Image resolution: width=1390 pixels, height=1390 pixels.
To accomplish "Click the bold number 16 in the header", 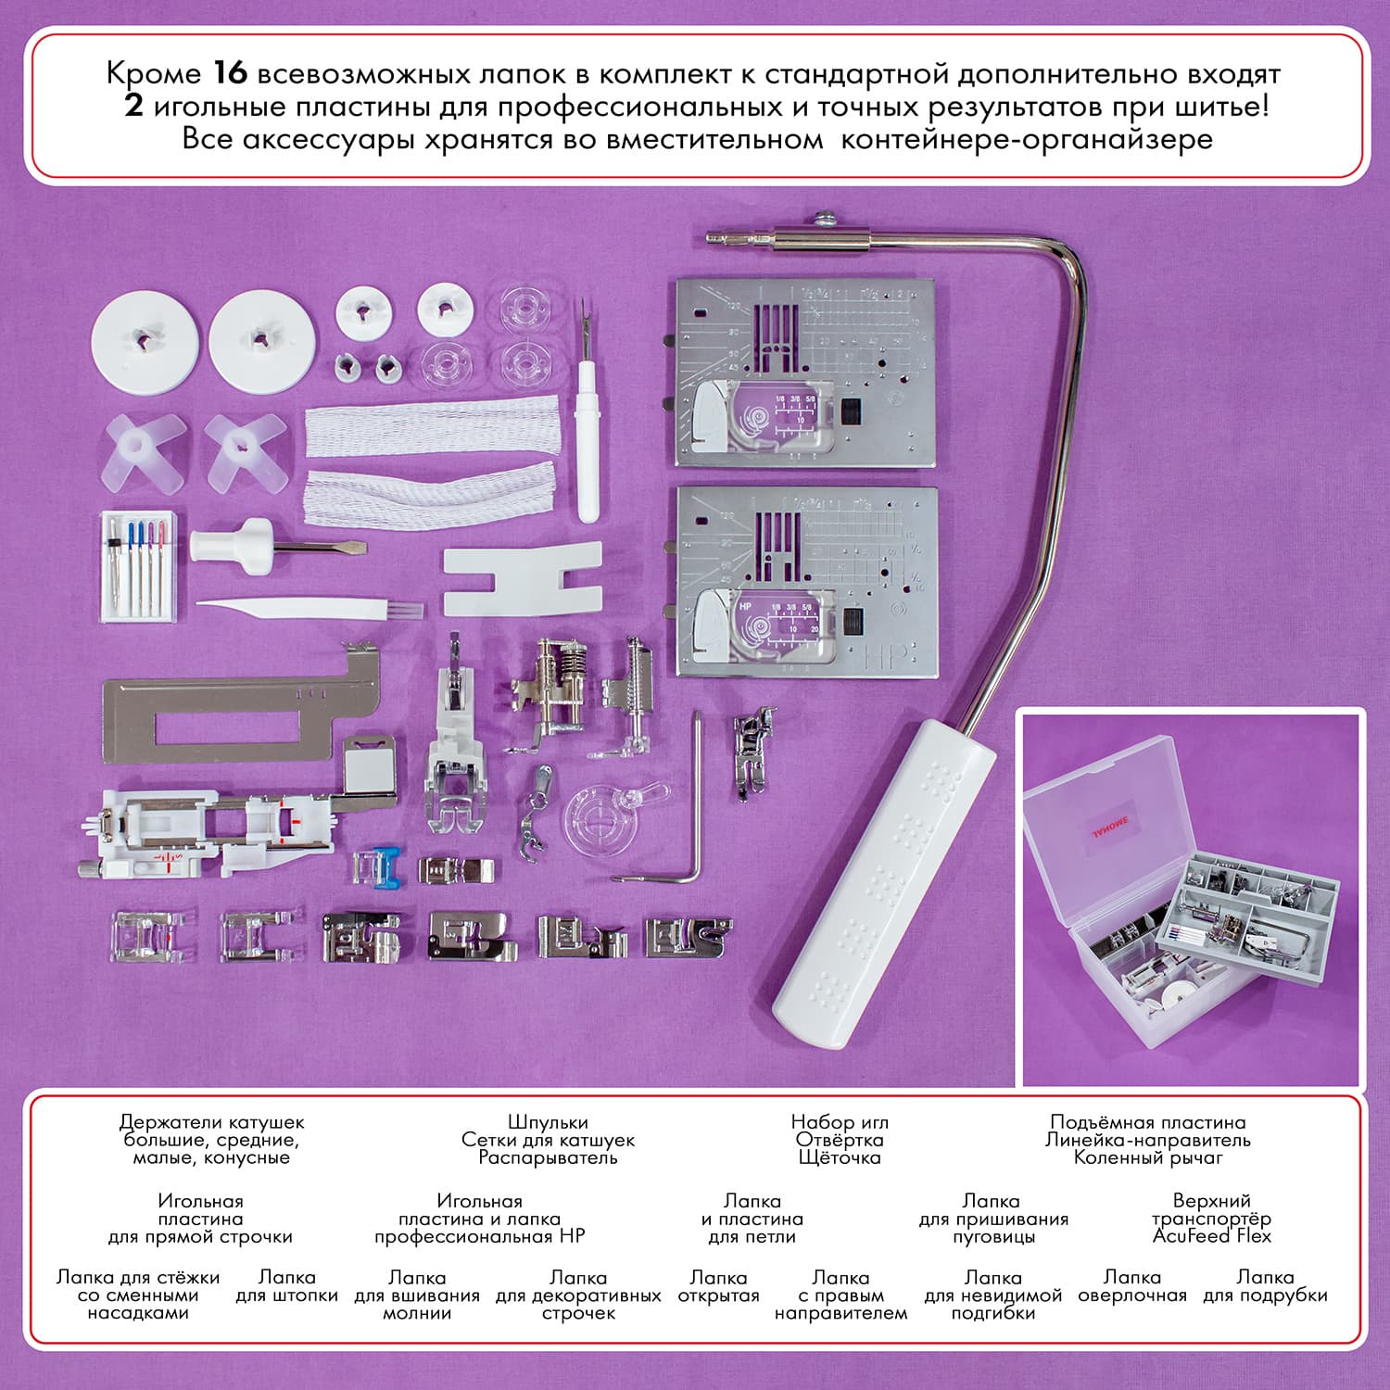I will [231, 72].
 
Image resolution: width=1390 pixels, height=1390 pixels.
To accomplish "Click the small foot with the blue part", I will [378, 867].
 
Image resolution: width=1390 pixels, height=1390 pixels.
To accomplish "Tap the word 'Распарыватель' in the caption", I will [548, 1157].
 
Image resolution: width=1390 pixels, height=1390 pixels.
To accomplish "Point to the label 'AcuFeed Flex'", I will [1211, 1236].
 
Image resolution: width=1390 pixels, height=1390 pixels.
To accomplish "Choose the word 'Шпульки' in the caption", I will [548, 1122].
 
